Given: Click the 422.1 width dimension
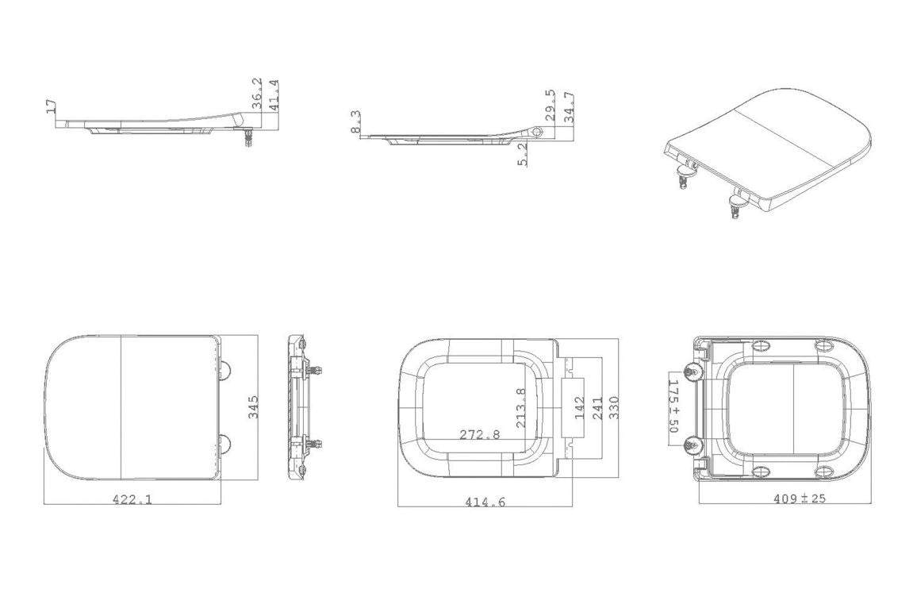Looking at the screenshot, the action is (132, 499).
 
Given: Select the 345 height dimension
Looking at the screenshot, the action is (253, 407).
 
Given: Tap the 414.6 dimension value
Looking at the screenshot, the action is (485, 502).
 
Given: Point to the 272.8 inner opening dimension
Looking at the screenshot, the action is (480, 434).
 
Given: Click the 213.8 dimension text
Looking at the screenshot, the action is (521, 407).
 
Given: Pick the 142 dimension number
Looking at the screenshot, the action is (579, 407).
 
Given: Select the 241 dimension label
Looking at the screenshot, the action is (597, 407).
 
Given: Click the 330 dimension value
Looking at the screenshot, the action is (614, 407).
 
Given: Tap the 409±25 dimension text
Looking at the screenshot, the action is (800, 499).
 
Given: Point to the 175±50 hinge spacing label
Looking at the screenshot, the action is (673, 405).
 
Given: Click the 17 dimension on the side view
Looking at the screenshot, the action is (52, 106).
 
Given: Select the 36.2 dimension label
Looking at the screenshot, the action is (257, 94).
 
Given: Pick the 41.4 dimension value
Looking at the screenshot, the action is (274, 94).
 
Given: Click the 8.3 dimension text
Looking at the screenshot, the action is (355, 121).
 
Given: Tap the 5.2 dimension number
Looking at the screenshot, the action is (523, 154).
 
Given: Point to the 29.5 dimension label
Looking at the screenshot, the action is (550, 106).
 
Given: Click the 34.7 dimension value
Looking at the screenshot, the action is (569, 108).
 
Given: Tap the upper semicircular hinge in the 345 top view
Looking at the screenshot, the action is (226, 369).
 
